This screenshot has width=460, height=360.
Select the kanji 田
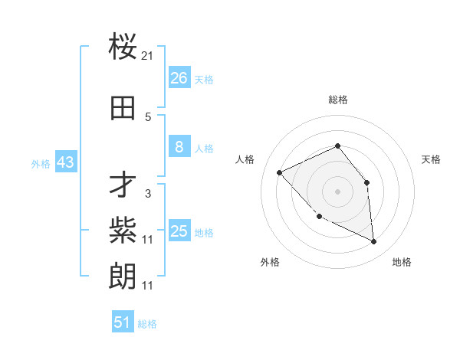[123, 108]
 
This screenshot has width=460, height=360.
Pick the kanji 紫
[123, 229]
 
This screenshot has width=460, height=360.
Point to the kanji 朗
[123, 275]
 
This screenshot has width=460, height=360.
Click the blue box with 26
[179, 78]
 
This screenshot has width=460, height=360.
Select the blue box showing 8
[179, 147]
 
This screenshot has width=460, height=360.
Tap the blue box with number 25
[179, 231]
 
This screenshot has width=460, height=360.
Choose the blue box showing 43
[65, 162]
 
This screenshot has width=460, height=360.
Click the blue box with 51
[123, 322]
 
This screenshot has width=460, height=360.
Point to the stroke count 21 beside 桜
[148, 56]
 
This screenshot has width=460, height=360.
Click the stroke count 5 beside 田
[148, 117]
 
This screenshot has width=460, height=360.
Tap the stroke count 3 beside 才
[148, 194]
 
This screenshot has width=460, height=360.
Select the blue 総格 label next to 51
[147, 324]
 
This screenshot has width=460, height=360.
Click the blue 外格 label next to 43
[41, 163]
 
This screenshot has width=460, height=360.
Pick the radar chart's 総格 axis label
[337, 100]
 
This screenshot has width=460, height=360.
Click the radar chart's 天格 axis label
[431, 159]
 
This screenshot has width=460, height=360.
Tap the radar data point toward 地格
[374, 242]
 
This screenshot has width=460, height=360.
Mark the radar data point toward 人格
[280, 172]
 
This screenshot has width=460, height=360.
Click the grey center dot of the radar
[337, 191]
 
